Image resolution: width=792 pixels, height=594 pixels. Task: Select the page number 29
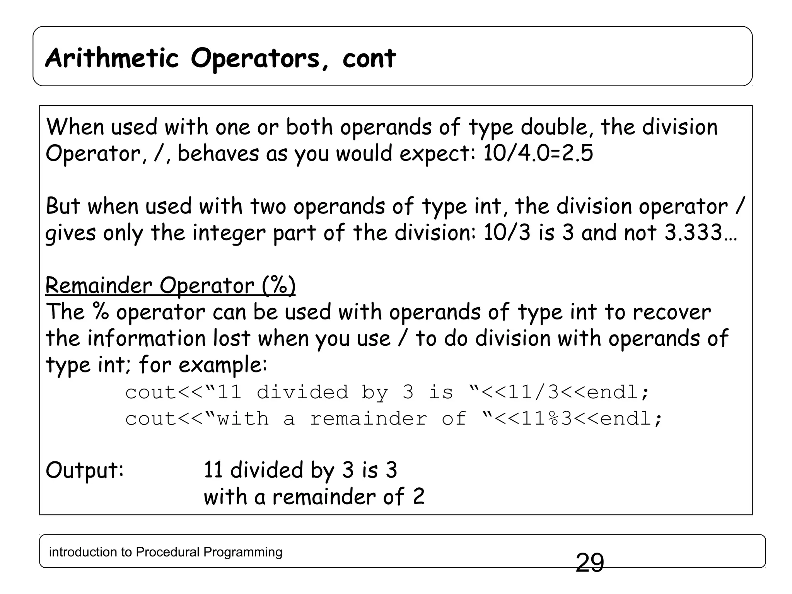pos(590,563)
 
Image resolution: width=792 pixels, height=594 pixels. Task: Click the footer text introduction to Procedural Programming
pos(166,552)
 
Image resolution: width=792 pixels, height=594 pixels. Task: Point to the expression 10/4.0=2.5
pos(538,153)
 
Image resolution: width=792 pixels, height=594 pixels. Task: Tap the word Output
pos(84,470)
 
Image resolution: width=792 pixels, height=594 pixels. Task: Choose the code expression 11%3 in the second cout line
pos(546,419)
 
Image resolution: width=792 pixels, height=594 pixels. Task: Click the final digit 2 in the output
pos(418,497)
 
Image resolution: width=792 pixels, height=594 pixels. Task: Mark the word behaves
pos(218,153)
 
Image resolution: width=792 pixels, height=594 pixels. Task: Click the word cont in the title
pos(369,59)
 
